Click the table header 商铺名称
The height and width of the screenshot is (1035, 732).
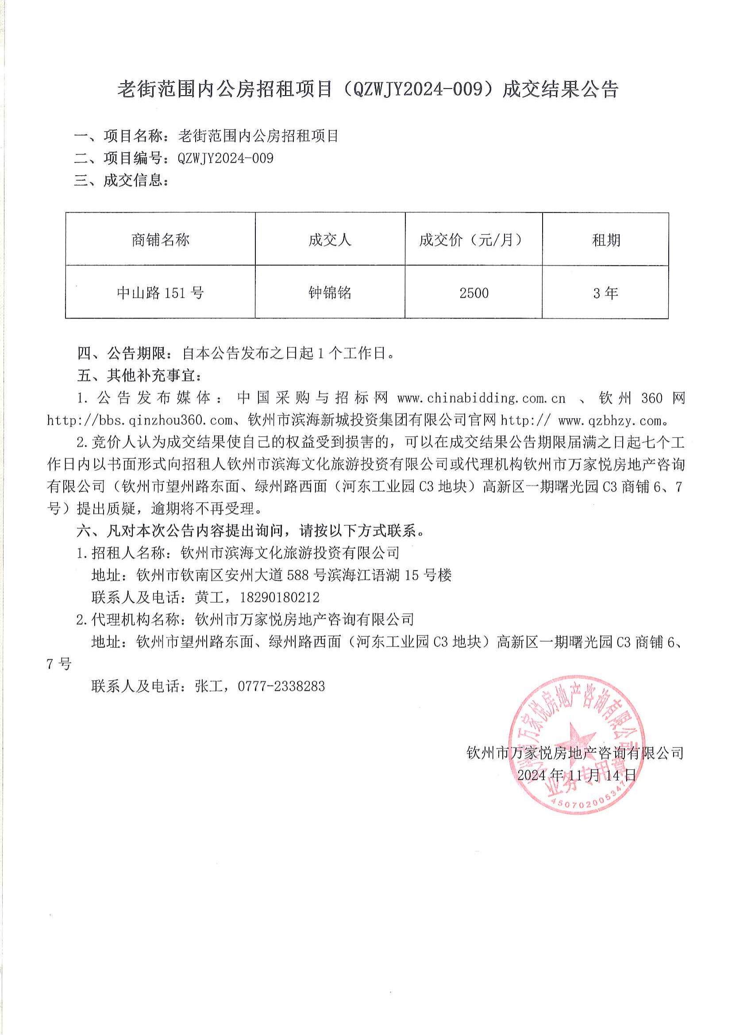[161, 240]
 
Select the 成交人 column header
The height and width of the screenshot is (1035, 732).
[330, 240]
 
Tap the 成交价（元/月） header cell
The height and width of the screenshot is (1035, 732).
[473, 240]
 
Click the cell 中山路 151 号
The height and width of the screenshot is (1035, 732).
[161, 293]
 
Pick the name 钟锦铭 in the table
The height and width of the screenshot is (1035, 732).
[330, 293]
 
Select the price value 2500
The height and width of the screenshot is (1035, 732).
[474, 293]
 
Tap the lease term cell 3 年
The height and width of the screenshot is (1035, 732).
[605, 293]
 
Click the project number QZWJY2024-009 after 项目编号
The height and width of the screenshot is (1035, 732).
[226, 158]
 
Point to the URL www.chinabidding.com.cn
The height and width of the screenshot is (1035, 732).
[482, 398]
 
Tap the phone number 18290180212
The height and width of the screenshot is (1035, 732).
[280, 598]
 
